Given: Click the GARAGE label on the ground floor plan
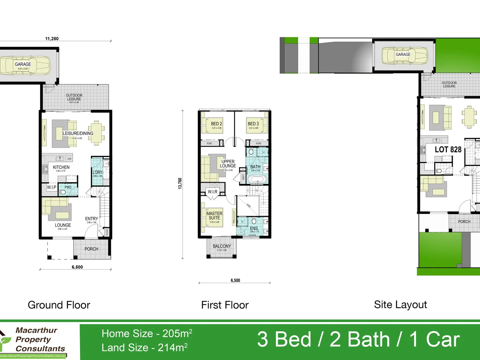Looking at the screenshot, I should click(23, 64).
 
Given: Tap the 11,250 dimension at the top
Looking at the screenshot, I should click(52, 39).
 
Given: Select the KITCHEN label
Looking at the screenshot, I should click(61, 167).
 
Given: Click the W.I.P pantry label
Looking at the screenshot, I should click(51, 187).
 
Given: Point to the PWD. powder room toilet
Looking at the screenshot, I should click(63, 192).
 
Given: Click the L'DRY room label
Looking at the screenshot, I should click(97, 172).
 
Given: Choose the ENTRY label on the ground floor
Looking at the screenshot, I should click(91, 219).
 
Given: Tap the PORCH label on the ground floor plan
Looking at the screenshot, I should click(91, 249).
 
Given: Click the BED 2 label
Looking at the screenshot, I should click(216, 124).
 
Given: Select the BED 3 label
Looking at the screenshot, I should click(253, 124).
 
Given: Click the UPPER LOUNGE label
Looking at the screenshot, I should click(228, 164).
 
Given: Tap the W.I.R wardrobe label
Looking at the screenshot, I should click(212, 192).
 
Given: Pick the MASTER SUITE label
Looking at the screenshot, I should click(214, 216).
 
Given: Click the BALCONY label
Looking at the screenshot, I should click(222, 246).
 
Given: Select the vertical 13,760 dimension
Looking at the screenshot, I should click(180, 184).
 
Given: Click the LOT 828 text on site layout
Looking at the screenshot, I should click(448, 150).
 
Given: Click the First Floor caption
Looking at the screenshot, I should click(225, 305).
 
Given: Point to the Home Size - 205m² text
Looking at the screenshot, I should click(147, 333).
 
